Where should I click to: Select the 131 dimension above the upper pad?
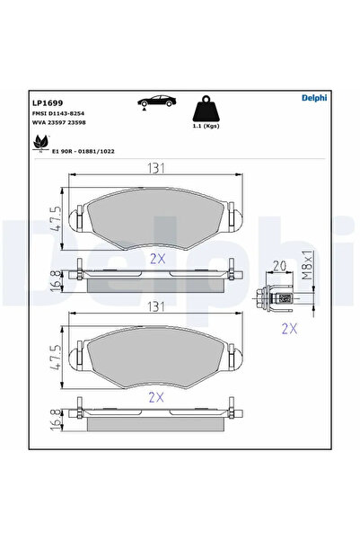pos(157,166)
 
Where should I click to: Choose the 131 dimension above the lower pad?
pos(157,306)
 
